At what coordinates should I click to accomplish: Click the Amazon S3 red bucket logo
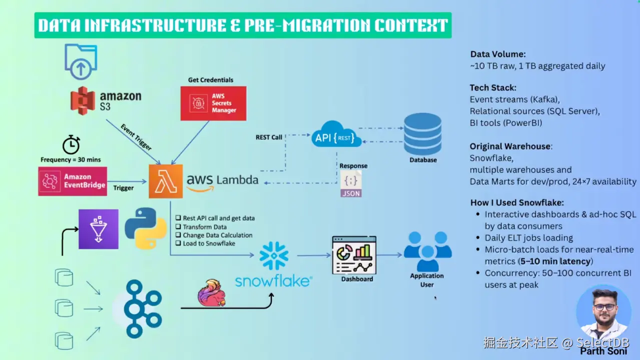tap(83, 100)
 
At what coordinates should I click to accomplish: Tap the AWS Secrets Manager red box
tap(213, 103)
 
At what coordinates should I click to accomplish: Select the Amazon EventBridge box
tap(73, 181)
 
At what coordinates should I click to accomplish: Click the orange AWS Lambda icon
tap(166, 181)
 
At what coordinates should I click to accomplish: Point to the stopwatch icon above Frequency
tap(71, 144)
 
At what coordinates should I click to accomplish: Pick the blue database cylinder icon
tap(423, 133)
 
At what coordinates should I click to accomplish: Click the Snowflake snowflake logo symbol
tap(274, 256)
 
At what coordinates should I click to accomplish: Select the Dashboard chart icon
tap(354, 255)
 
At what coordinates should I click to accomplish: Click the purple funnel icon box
tap(99, 229)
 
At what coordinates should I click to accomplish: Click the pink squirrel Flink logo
tap(211, 293)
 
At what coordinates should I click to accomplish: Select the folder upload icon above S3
tap(81, 61)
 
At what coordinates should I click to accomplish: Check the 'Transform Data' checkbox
tap(178, 226)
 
